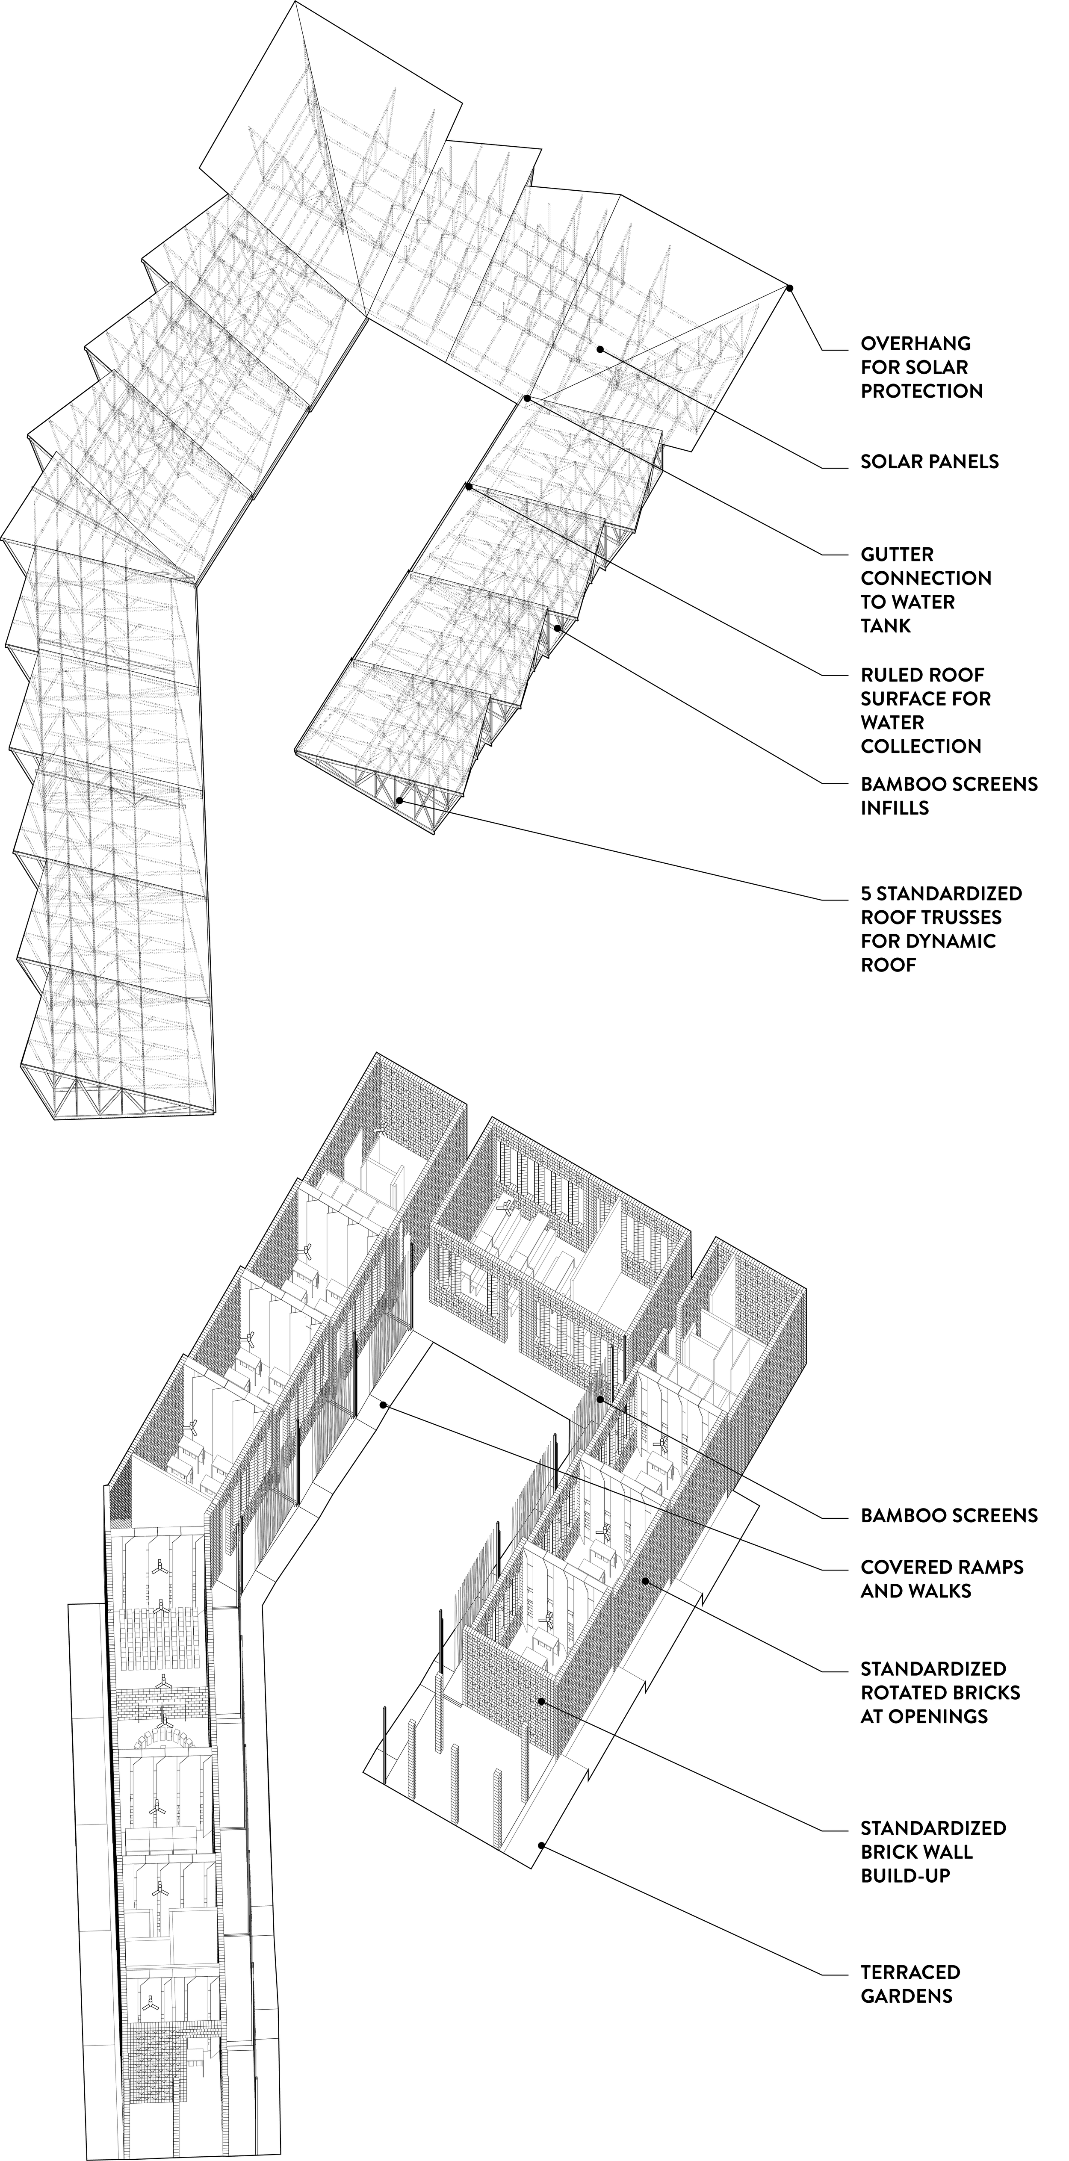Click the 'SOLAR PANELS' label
coord(929,461)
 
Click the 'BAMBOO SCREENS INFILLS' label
coord(948,795)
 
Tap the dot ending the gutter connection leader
coord(527,398)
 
